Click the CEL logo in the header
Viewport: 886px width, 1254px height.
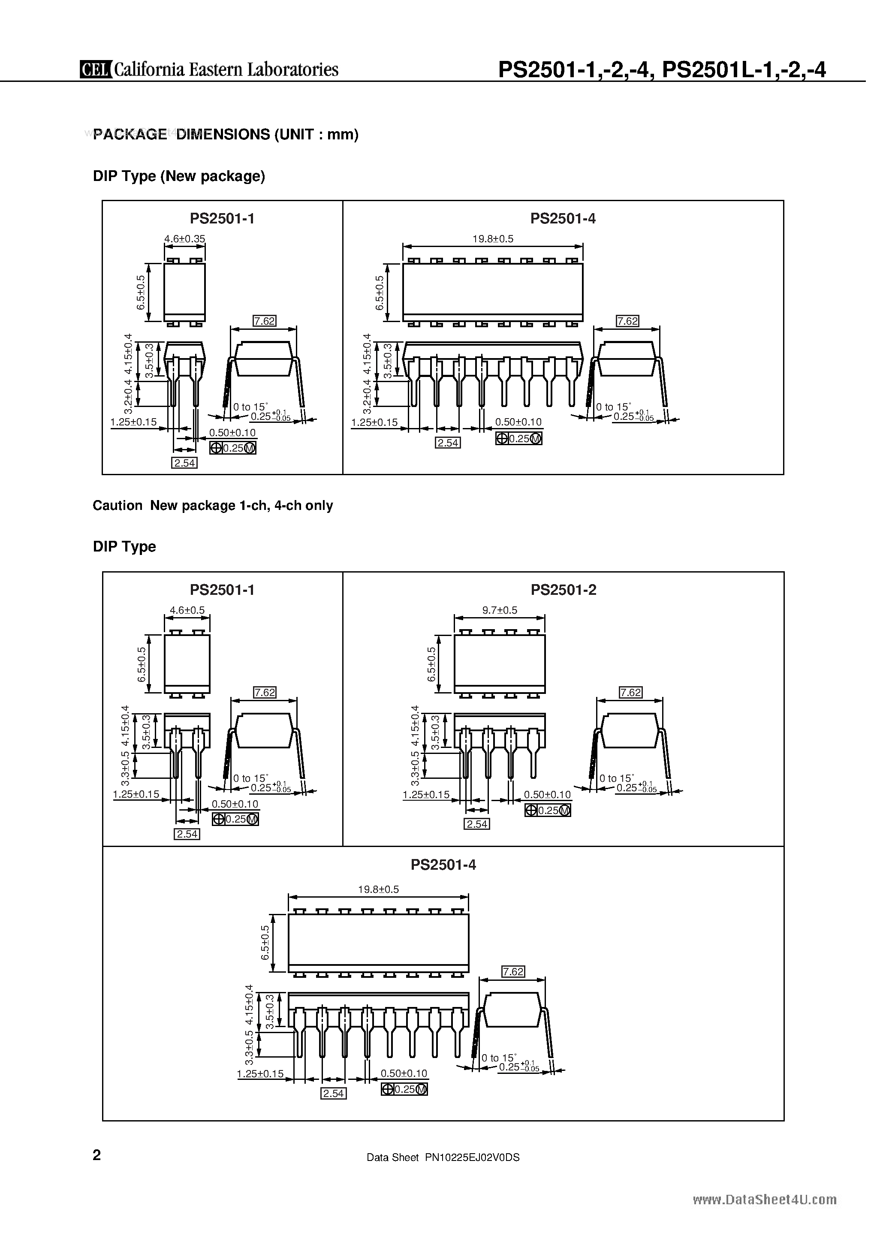(96, 69)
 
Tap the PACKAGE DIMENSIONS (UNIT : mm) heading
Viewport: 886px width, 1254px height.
(226, 134)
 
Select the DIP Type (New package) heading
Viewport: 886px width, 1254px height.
(179, 176)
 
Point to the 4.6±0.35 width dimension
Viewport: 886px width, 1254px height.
(185, 239)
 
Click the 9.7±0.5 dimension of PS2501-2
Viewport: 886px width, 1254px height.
(499, 610)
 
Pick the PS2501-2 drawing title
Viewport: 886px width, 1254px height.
(563, 590)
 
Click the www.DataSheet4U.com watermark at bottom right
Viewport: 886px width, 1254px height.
(764, 1200)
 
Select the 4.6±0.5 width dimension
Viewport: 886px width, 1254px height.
(187, 610)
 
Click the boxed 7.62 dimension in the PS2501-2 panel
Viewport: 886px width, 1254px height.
(630, 693)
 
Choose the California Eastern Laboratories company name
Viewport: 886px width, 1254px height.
(226, 69)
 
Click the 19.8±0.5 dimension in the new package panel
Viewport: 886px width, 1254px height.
(493, 239)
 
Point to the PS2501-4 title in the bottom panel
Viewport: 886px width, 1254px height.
(443, 865)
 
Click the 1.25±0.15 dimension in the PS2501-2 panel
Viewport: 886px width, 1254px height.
(426, 795)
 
